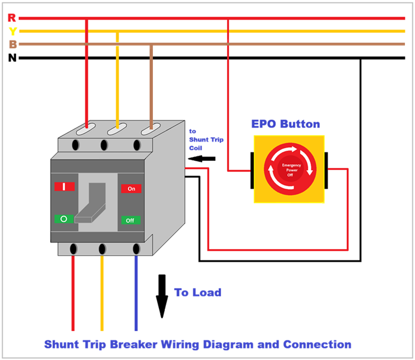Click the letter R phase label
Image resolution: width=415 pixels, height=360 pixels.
pos(12,18)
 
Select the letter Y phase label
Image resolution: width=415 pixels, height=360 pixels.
pos(12,31)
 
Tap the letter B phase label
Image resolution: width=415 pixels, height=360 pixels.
pos(12,44)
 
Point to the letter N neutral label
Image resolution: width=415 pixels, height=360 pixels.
pos(12,58)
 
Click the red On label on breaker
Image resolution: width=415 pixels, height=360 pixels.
pos(132,189)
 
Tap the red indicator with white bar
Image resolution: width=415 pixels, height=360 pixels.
pos(64,187)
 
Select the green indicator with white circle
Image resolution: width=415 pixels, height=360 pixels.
pos(64,218)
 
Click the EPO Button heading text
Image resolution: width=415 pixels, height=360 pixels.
pos(286,125)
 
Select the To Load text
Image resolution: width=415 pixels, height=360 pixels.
pos(197,292)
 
